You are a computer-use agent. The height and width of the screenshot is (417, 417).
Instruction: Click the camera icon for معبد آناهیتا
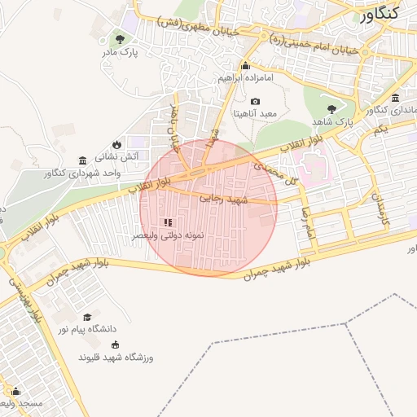click(256, 102)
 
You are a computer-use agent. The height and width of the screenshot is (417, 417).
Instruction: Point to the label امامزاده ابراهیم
click(245, 78)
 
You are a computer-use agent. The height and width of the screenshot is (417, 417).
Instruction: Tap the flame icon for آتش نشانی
click(116, 143)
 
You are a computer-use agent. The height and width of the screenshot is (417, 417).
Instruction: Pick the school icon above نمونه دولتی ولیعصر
click(169, 222)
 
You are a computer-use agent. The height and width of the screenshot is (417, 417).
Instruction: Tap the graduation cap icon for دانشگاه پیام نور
click(87, 317)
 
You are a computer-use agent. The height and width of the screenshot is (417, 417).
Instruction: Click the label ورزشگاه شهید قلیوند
click(115, 358)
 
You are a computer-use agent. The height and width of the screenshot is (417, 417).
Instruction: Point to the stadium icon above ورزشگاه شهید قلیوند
click(114, 345)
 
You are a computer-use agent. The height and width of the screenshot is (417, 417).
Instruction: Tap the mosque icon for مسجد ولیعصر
click(14, 391)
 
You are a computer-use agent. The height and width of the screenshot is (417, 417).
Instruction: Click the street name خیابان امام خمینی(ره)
click(323, 43)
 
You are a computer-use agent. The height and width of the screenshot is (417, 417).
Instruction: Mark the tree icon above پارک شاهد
click(331, 108)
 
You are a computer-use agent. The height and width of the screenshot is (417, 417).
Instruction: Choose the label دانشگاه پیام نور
click(87, 329)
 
